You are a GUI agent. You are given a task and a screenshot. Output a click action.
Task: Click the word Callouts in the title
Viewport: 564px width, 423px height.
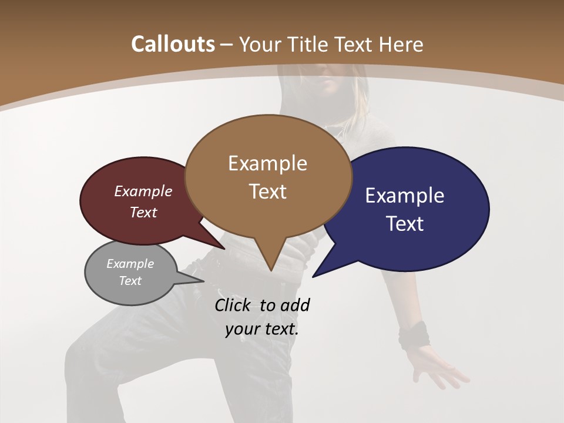pos(173,44)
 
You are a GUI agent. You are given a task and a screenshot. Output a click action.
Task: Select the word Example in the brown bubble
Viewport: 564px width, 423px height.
pos(267,163)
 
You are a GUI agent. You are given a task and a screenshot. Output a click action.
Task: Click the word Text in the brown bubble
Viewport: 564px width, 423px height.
pos(267,192)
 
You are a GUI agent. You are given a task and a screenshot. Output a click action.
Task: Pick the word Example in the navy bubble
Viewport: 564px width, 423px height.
pos(404,196)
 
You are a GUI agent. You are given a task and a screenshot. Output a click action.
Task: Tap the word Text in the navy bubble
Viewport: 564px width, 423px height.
pos(404,224)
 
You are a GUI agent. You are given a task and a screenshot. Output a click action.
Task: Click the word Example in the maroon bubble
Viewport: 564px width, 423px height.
pos(143,191)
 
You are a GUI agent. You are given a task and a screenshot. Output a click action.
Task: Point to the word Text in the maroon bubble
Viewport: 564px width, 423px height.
pos(143,212)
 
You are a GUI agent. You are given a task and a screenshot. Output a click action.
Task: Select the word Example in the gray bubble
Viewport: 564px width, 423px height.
pos(130,264)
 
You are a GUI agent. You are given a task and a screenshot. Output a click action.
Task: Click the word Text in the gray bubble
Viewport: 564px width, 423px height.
pos(130,281)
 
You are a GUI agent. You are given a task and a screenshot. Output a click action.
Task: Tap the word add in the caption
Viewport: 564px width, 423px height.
pos(294,305)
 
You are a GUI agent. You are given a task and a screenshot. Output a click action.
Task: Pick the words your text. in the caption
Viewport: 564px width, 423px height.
pos(261,329)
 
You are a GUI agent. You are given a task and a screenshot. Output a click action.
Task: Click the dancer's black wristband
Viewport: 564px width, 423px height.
pos(414,334)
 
